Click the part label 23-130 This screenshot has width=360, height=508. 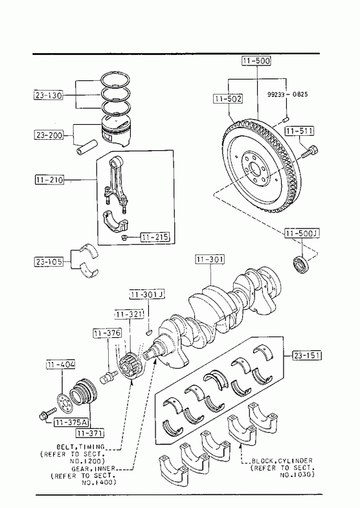[x=49, y=96]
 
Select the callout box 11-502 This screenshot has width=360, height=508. [x=228, y=98]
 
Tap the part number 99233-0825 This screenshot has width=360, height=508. [x=287, y=94]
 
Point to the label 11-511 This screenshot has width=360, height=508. [x=299, y=131]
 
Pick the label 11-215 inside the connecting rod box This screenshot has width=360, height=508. [x=155, y=237]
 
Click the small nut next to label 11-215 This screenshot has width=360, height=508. [x=124, y=238]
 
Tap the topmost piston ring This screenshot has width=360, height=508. [x=115, y=80]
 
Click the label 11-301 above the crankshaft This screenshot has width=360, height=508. [x=210, y=260]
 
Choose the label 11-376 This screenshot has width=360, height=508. [x=107, y=333]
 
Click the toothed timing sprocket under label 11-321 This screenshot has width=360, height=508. [x=130, y=365]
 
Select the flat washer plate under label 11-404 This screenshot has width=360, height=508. [x=65, y=403]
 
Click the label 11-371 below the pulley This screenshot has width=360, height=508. [x=90, y=433]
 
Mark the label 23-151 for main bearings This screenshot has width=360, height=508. [x=307, y=355]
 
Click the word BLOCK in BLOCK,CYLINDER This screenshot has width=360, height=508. [x=262, y=461]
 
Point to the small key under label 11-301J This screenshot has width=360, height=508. [x=149, y=332]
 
